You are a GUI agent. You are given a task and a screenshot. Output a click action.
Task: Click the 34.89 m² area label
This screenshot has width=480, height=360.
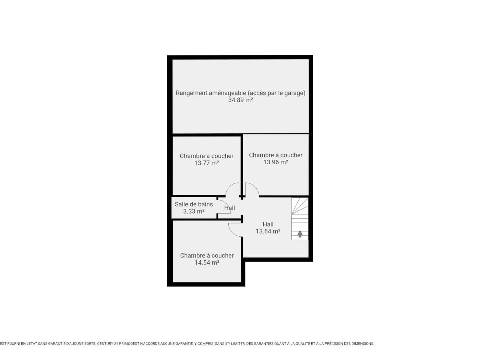240,100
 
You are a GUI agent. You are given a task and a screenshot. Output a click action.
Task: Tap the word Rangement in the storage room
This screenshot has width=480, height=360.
191,93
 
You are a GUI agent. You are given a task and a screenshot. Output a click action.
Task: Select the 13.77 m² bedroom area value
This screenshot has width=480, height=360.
206,163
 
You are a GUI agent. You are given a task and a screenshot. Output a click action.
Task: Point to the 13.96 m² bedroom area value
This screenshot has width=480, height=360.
275,162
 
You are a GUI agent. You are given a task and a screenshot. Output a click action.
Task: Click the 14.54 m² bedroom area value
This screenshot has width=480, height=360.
207,263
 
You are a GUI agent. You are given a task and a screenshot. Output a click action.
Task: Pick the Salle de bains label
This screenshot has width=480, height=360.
193,204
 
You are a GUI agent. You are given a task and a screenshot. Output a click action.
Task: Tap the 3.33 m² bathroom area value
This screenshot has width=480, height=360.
193,211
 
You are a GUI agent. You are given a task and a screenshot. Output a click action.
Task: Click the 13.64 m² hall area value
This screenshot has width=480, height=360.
268,231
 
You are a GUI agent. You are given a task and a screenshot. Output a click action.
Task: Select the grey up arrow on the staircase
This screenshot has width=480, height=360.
300,234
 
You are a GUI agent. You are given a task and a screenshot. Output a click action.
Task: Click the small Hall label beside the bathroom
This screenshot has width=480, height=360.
229,208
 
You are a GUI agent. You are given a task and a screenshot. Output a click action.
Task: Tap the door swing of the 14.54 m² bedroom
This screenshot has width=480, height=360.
232,232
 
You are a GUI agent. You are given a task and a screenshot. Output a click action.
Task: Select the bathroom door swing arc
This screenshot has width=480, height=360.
227,204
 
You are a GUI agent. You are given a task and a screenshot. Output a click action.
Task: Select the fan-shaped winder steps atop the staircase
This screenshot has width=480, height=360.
300,206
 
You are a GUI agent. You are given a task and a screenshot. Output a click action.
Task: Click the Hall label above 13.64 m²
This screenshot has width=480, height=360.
268,224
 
